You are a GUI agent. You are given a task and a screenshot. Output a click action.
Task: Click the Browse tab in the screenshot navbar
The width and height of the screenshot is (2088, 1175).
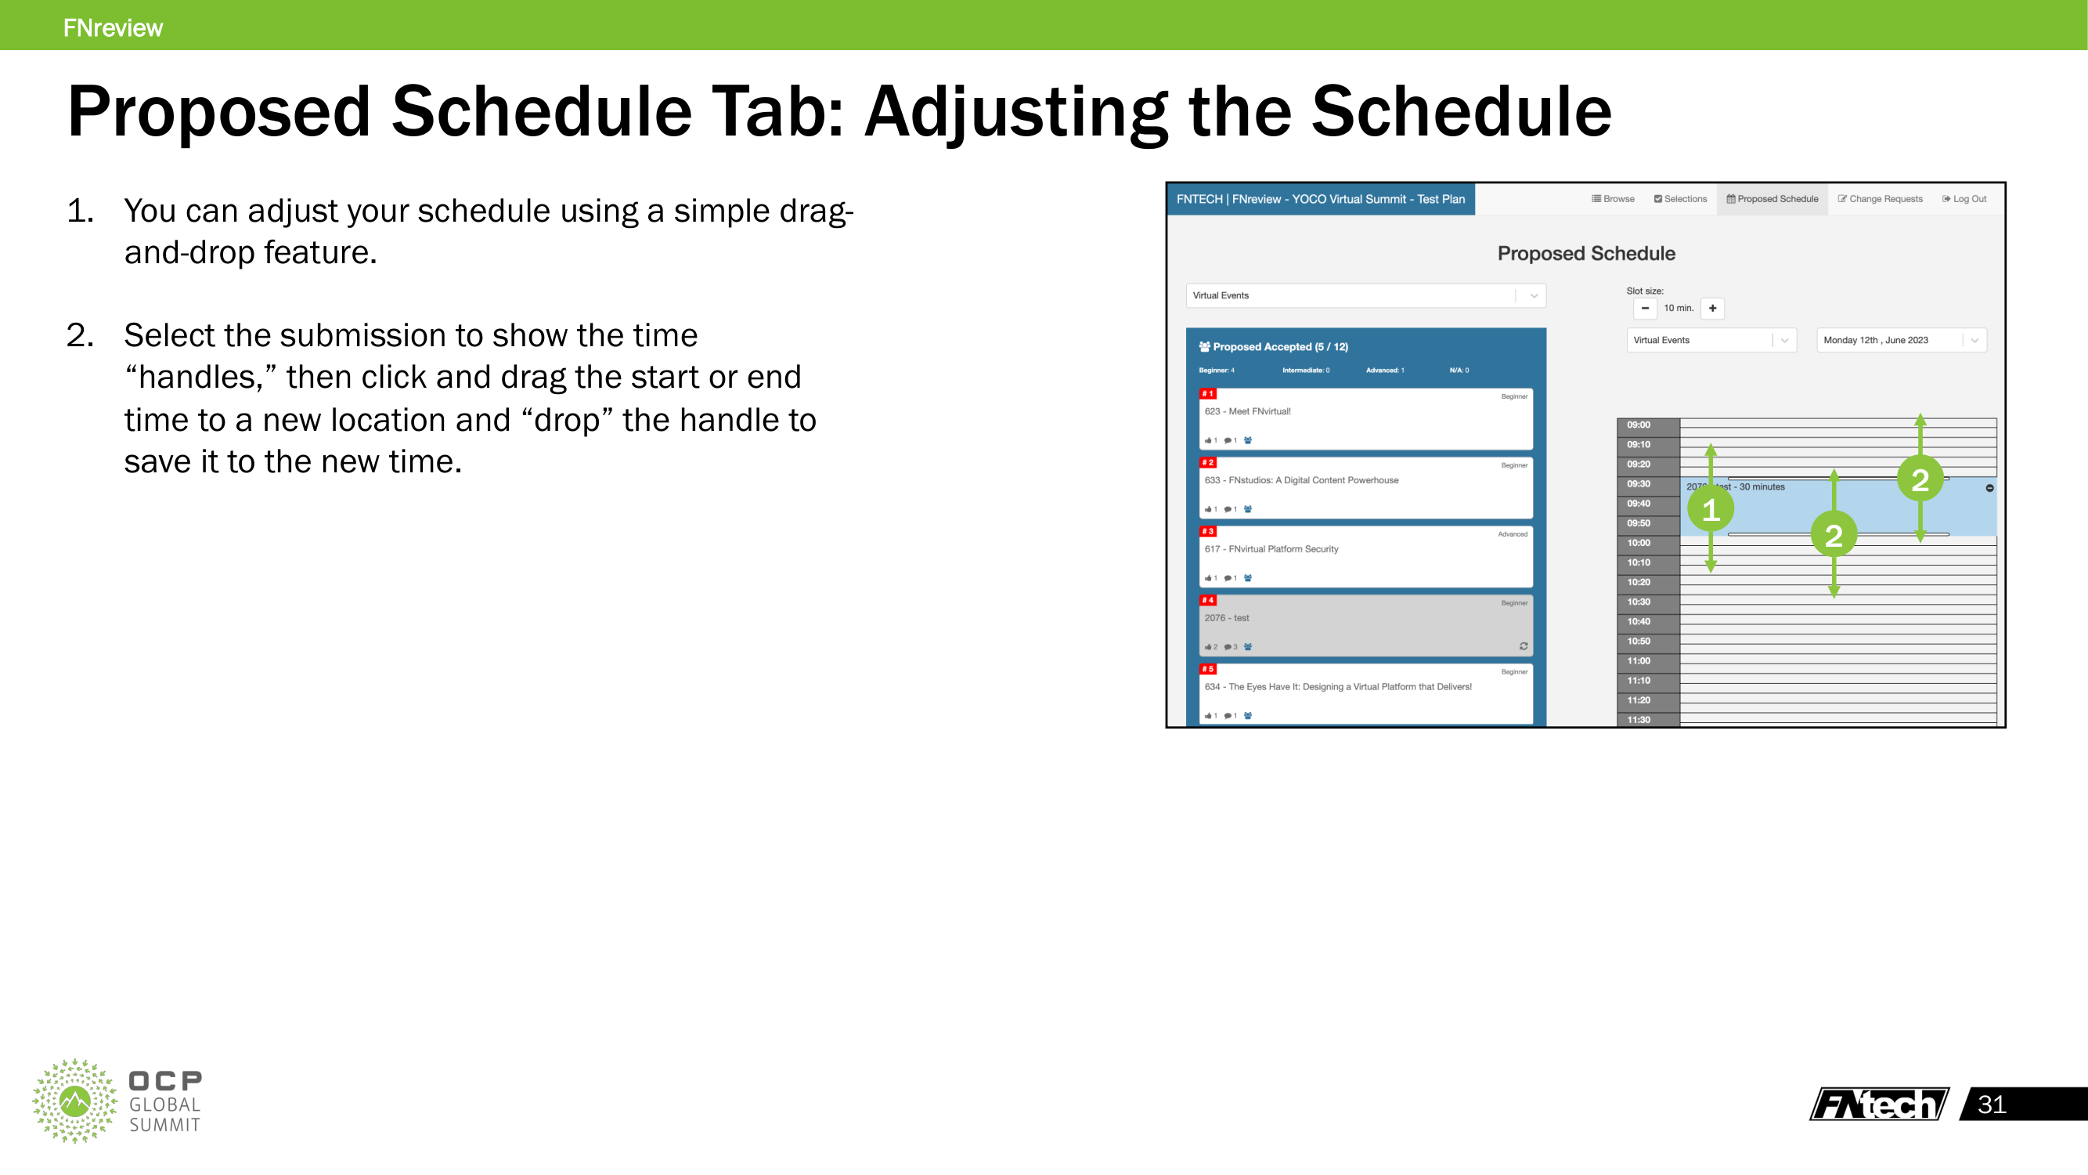(x=1613, y=199)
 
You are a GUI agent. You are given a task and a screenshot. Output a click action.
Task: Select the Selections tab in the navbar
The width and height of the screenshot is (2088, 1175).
(x=1680, y=199)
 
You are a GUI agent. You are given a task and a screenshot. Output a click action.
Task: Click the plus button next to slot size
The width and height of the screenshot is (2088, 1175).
(x=1712, y=308)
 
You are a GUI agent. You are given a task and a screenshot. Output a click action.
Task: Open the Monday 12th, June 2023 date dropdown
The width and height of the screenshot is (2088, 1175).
(x=1901, y=341)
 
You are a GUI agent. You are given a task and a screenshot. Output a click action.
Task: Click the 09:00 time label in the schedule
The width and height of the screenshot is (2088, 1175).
(x=1638, y=425)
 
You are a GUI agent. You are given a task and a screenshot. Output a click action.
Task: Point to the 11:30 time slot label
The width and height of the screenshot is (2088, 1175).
(x=1638, y=719)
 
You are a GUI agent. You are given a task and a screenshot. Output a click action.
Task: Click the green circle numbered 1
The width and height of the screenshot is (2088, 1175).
(x=1711, y=510)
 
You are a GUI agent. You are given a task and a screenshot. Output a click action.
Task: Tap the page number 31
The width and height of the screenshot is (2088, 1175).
(x=1992, y=1104)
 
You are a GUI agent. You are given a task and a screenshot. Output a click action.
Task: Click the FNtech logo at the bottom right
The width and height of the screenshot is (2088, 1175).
(x=1878, y=1104)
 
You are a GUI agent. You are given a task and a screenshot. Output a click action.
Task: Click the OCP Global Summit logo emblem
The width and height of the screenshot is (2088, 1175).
(x=74, y=1101)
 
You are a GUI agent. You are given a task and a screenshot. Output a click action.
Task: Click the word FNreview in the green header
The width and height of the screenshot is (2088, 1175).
(x=113, y=27)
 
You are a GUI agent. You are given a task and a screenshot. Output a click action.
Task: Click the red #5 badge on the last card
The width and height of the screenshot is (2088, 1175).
(x=1208, y=669)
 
